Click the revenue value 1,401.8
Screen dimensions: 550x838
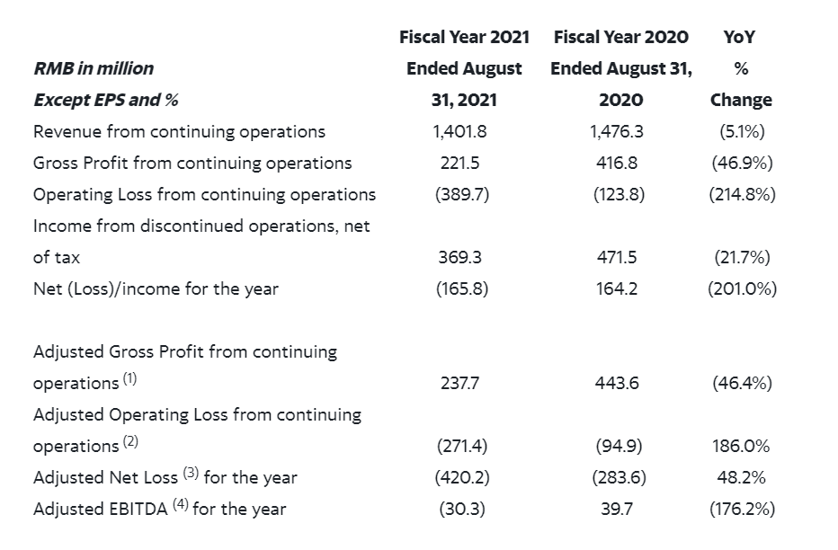[459, 131]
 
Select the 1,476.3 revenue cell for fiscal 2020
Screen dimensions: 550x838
[616, 131]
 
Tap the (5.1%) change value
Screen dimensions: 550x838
[742, 131]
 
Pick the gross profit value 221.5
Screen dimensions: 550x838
[459, 163]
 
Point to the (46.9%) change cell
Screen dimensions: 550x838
[742, 163]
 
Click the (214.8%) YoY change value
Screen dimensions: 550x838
[742, 194]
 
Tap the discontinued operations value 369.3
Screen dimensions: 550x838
[459, 257]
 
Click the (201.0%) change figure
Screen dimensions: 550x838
[742, 288]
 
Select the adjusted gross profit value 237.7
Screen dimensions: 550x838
[459, 383]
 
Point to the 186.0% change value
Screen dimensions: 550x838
[742, 446]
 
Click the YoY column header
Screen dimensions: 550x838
[741, 37]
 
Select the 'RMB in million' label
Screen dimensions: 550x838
[94, 68]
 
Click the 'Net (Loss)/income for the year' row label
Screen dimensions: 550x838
[156, 288]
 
